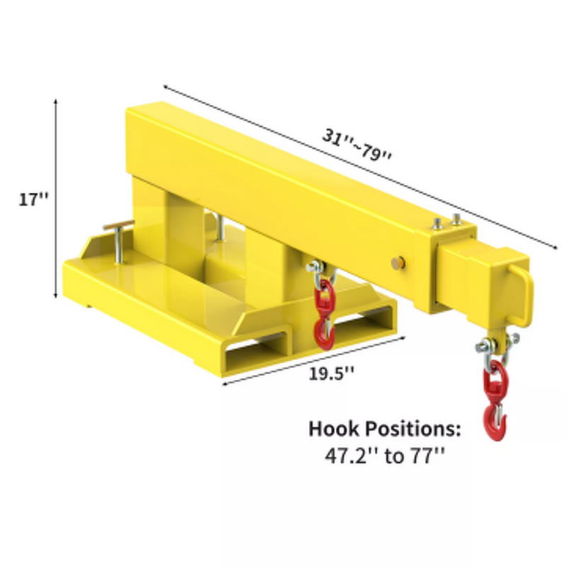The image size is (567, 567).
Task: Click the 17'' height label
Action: (33, 200)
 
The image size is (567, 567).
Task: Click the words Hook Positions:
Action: (385, 430)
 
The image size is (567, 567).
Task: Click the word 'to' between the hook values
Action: (391, 455)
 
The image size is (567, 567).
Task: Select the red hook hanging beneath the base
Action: (325, 315)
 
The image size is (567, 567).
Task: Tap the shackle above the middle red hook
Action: (316, 267)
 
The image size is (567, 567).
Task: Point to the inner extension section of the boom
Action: (471, 272)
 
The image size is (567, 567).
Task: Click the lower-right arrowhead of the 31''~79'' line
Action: (554, 247)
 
